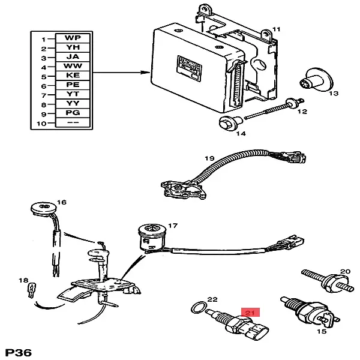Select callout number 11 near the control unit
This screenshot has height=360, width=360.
(276, 29)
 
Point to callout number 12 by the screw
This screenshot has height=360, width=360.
(302, 112)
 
